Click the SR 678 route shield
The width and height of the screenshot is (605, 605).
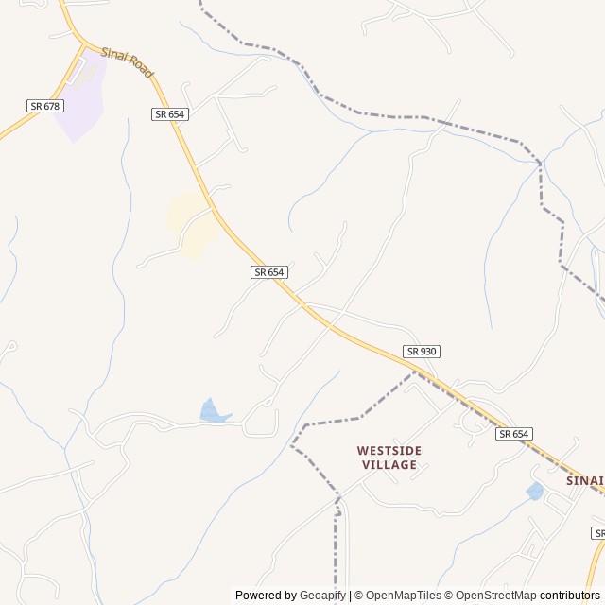coord(45,106)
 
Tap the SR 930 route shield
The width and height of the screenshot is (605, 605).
coord(422,352)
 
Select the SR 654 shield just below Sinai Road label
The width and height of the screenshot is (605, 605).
coord(170,114)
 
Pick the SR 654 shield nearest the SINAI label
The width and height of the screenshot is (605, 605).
coord(514,434)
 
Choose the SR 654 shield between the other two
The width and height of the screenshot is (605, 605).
coord(269,272)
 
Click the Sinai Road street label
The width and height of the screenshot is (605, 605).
coord(127,62)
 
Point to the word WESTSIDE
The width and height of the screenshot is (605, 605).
coord(389,451)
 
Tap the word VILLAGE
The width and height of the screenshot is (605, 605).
coord(389,465)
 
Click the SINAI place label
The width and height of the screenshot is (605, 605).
coord(585,480)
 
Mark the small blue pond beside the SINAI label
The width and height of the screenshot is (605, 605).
coord(535,492)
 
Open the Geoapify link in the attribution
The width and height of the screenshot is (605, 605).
coord(323,596)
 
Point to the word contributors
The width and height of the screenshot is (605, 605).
coord(570,596)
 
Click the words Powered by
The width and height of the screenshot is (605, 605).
coord(267,596)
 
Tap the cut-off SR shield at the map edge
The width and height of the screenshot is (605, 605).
coord(599,534)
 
